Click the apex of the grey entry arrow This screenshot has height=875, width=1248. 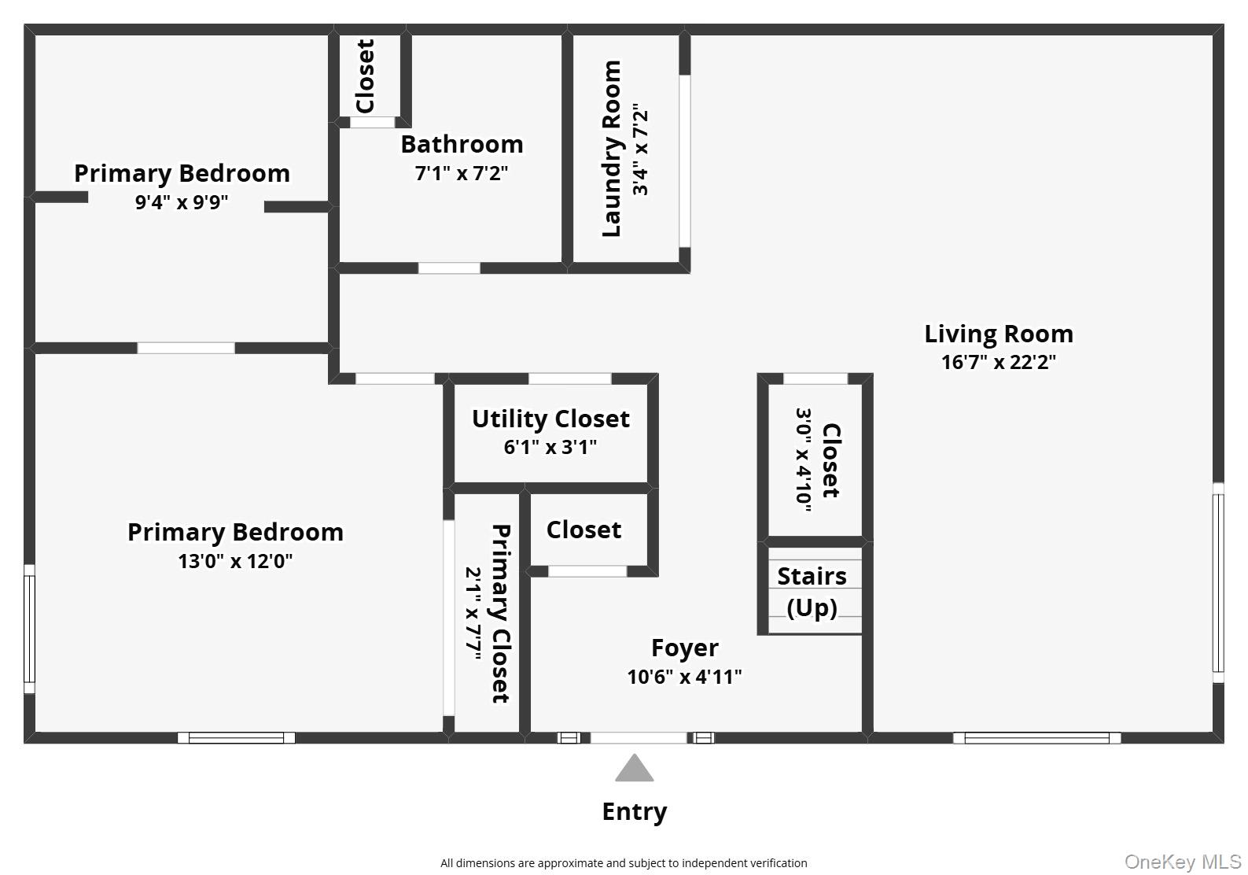(x=634, y=754)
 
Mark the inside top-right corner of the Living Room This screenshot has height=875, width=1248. (x=1213, y=35)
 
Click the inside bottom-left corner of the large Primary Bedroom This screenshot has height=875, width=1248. (x=35, y=732)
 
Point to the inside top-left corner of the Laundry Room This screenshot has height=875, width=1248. (x=574, y=35)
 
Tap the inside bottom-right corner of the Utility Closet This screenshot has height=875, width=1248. (x=647, y=482)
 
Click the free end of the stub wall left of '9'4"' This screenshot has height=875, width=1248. (x=88, y=197)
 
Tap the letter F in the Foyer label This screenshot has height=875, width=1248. (x=657, y=648)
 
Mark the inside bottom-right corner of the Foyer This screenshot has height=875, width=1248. (x=862, y=732)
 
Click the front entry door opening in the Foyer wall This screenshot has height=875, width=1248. (x=639, y=738)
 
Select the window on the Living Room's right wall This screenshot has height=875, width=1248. (x=1218, y=583)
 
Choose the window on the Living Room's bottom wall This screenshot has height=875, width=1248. (x=1036, y=738)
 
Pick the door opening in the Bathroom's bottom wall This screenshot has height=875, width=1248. (x=449, y=268)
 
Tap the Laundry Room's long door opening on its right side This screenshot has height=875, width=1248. (x=685, y=161)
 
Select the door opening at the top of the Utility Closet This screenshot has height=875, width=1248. (x=570, y=379)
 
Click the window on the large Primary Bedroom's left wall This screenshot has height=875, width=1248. (x=30, y=629)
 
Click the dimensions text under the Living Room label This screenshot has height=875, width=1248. (x=999, y=362)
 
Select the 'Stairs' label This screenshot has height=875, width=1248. (x=812, y=576)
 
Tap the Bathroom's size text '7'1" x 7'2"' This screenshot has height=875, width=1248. (x=462, y=173)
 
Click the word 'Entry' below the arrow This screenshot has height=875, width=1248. (x=635, y=812)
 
